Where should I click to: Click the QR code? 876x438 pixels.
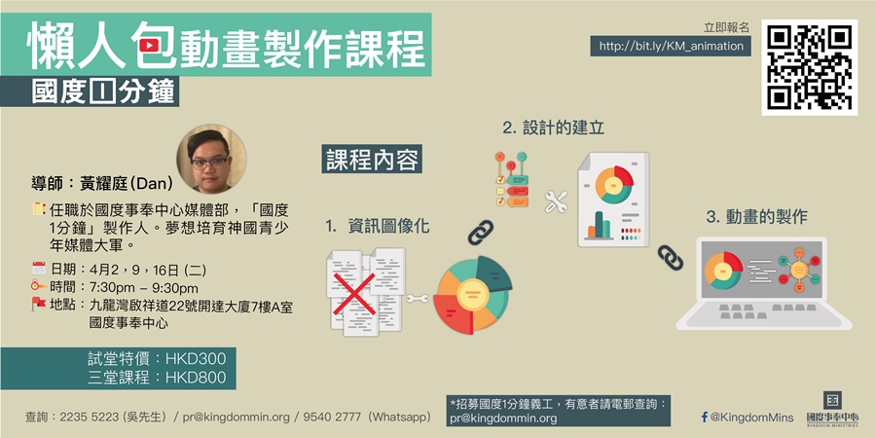[x=809, y=67]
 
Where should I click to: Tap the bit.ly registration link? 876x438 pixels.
[x=671, y=46]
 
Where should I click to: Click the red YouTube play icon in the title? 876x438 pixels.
[x=149, y=46]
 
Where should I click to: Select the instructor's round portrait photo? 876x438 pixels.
[x=211, y=159]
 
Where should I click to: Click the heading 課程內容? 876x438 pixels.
[x=372, y=160]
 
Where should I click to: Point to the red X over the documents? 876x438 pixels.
[x=353, y=294]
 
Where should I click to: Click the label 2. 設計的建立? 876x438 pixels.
[x=553, y=128]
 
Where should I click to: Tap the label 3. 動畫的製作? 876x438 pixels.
[x=757, y=217]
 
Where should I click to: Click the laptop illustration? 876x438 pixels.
[x=763, y=284]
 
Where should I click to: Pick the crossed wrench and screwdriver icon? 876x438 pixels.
[x=556, y=201]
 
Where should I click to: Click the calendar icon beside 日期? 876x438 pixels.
[x=39, y=269]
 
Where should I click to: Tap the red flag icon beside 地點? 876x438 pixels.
[x=39, y=304]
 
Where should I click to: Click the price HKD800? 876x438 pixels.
[x=196, y=377]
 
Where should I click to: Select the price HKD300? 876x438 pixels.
[x=196, y=358]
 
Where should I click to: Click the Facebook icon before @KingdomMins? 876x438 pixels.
[x=705, y=417]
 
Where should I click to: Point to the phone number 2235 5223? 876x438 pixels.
[x=89, y=417]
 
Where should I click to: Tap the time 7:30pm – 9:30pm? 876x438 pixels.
[x=144, y=288]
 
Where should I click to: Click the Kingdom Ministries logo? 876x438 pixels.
[x=832, y=407]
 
